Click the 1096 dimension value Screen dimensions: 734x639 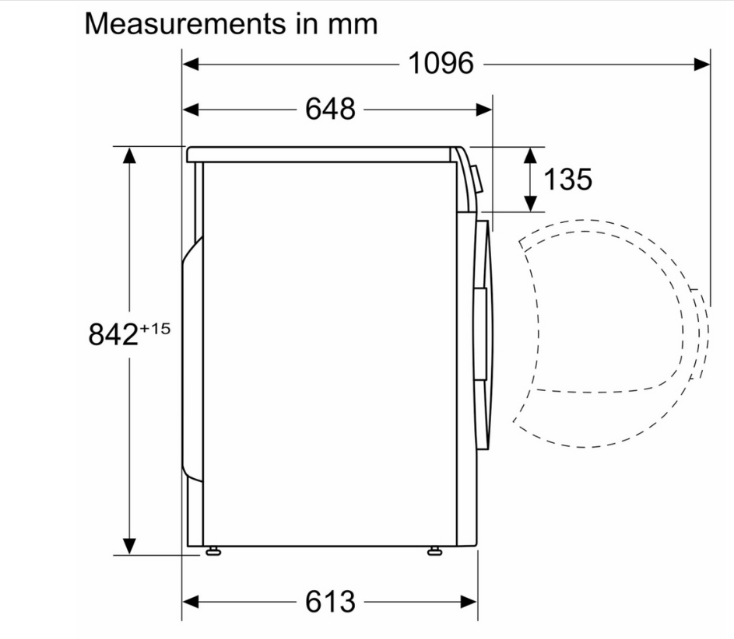point(441,64)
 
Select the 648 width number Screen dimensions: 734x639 point(330,110)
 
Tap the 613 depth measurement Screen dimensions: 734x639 point(330,602)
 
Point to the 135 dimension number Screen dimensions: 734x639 point(567,179)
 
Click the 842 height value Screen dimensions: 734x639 point(114,334)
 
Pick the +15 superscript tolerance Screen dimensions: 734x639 point(155,329)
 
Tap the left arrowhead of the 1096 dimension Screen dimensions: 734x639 point(191,64)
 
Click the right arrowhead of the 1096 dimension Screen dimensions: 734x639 point(702,64)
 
